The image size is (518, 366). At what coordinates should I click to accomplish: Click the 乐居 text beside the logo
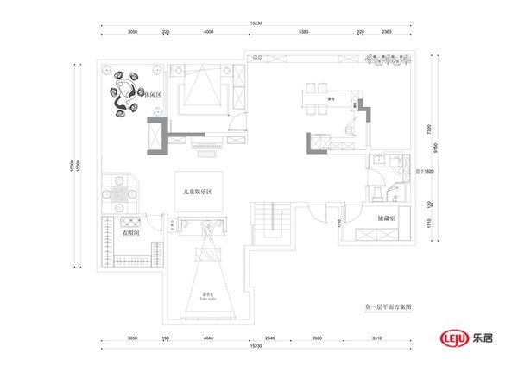[x=489, y=336]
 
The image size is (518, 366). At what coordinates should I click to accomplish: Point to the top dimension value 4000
[x=208, y=32]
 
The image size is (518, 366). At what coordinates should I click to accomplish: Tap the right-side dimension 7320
[x=429, y=129]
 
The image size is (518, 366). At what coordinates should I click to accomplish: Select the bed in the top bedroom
[x=204, y=90]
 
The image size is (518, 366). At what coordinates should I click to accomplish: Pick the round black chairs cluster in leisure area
[x=127, y=93]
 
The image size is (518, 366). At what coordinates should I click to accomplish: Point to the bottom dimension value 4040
[x=207, y=338]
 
